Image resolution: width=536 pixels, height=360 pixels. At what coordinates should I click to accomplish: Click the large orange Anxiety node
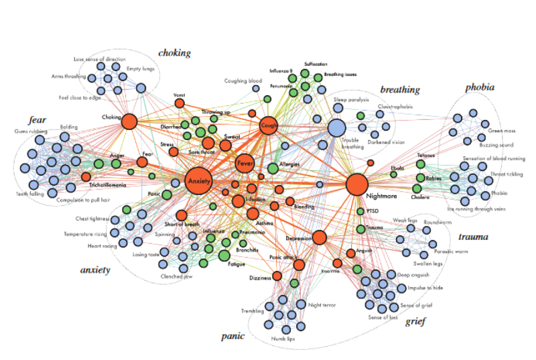click(198, 181)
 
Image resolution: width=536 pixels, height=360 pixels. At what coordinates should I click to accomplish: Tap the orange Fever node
click(245, 164)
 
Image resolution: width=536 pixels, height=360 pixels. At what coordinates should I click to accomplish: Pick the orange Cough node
click(268, 125)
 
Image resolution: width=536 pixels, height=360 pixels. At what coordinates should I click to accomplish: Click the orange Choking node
click(129, 121)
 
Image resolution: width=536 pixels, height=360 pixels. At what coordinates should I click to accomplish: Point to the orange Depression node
click(319, 237)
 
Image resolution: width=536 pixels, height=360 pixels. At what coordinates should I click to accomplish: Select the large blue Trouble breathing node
click(336, 128)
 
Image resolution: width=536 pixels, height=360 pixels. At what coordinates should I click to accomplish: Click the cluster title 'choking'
click(174, 53)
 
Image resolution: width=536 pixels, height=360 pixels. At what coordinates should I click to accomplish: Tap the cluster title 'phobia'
click(480, 87)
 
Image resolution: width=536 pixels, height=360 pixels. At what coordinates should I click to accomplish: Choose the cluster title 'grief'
click(416, 321)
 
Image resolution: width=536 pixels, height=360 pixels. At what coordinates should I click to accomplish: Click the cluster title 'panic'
click(233, 336)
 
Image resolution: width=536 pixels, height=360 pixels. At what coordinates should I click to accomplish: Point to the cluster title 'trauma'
click(473, 237)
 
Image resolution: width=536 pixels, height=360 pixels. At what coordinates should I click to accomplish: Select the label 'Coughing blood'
click(243, 81)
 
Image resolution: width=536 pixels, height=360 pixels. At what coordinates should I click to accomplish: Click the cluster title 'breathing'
click(400, 89)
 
